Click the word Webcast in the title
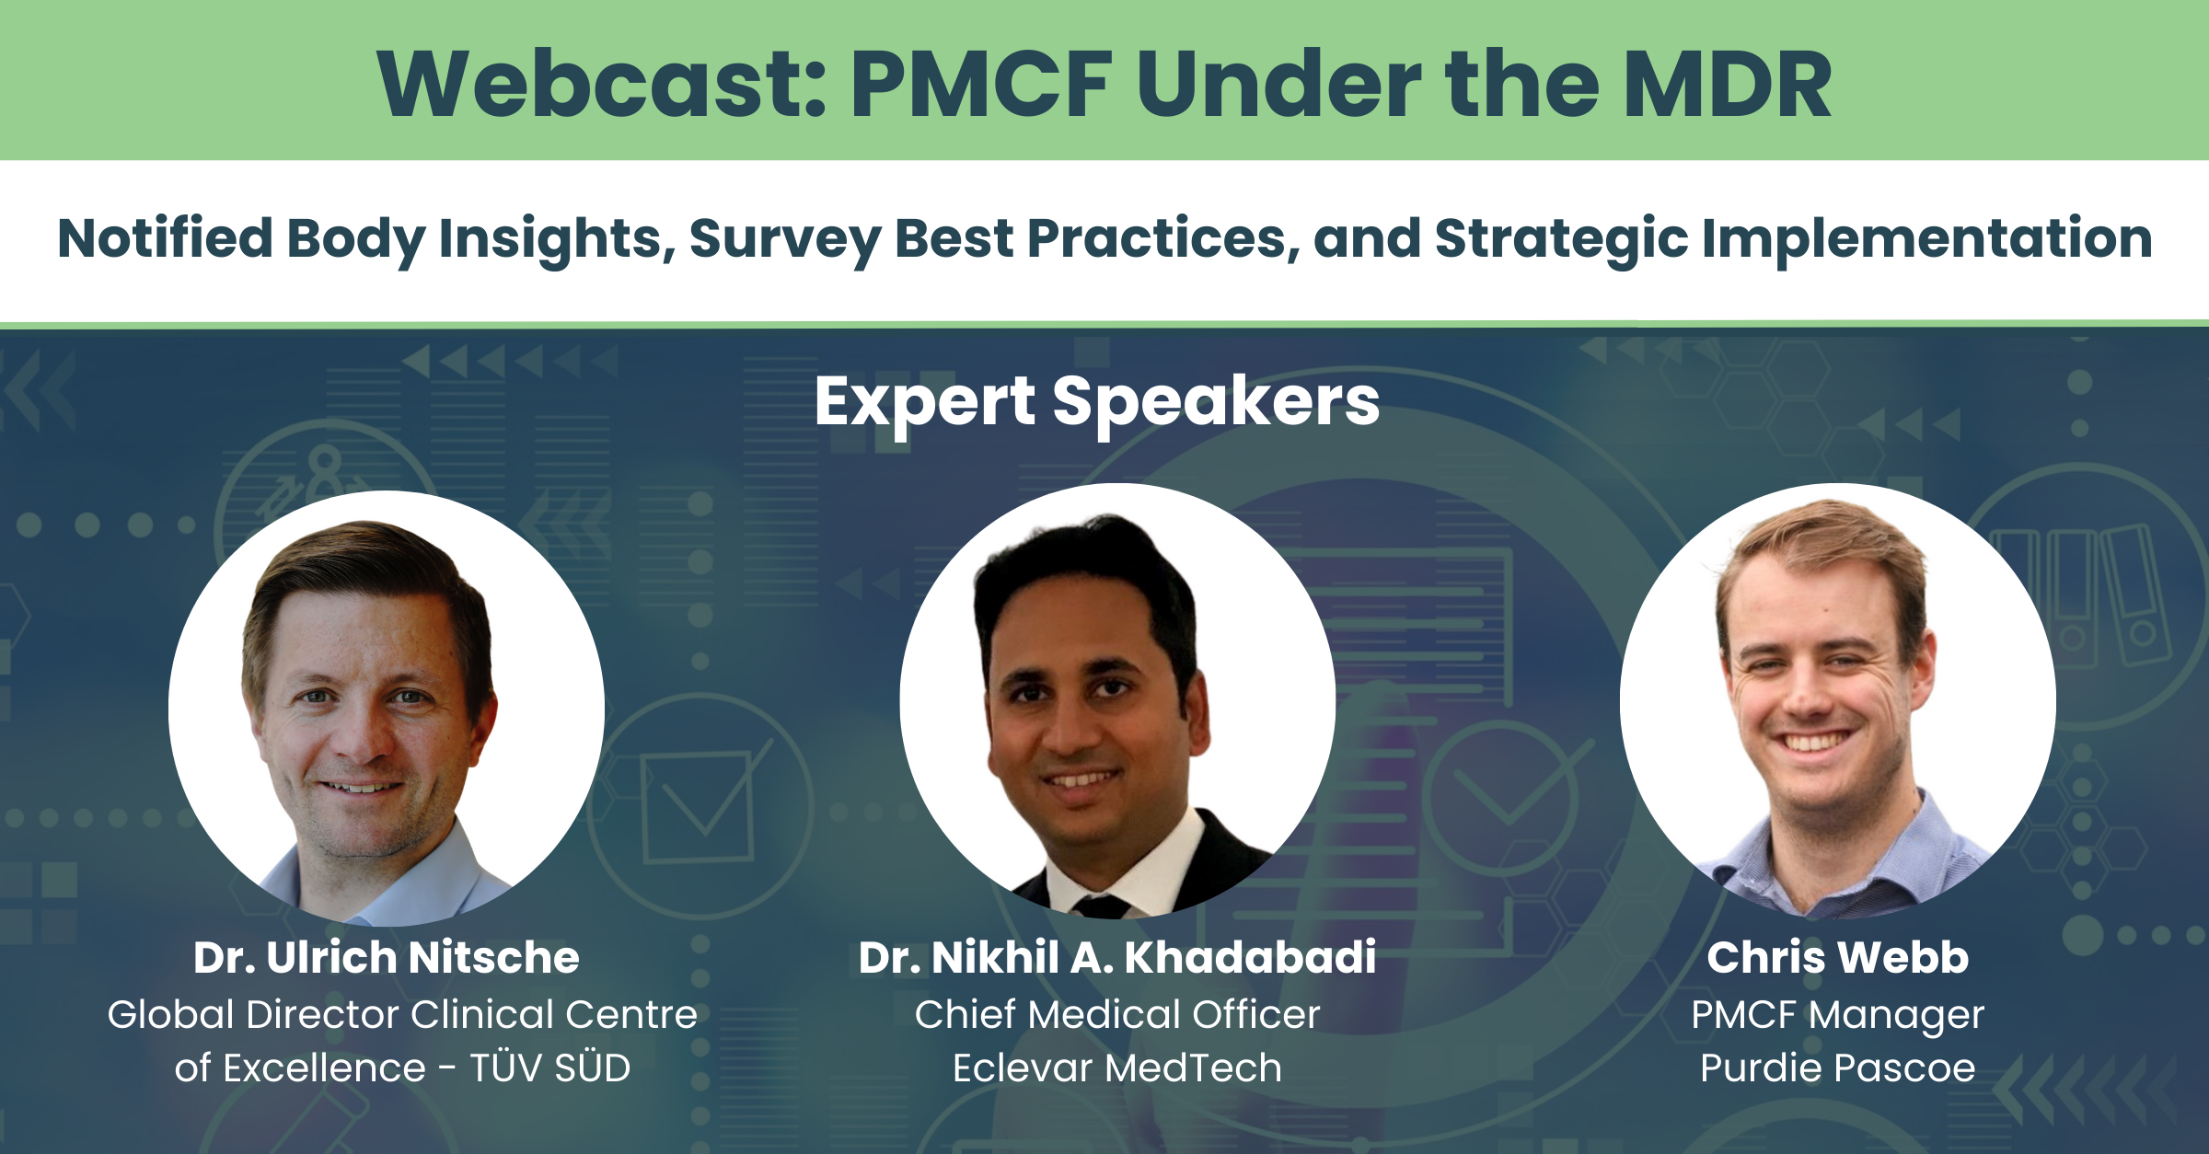603,85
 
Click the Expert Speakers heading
1097,401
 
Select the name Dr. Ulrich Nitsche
387,957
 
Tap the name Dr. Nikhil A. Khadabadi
1116,957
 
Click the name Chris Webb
1837,957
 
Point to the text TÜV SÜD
550,1068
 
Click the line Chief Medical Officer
1116,1014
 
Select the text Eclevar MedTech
1116,1068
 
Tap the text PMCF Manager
1837,1014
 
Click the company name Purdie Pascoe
1837,1068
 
